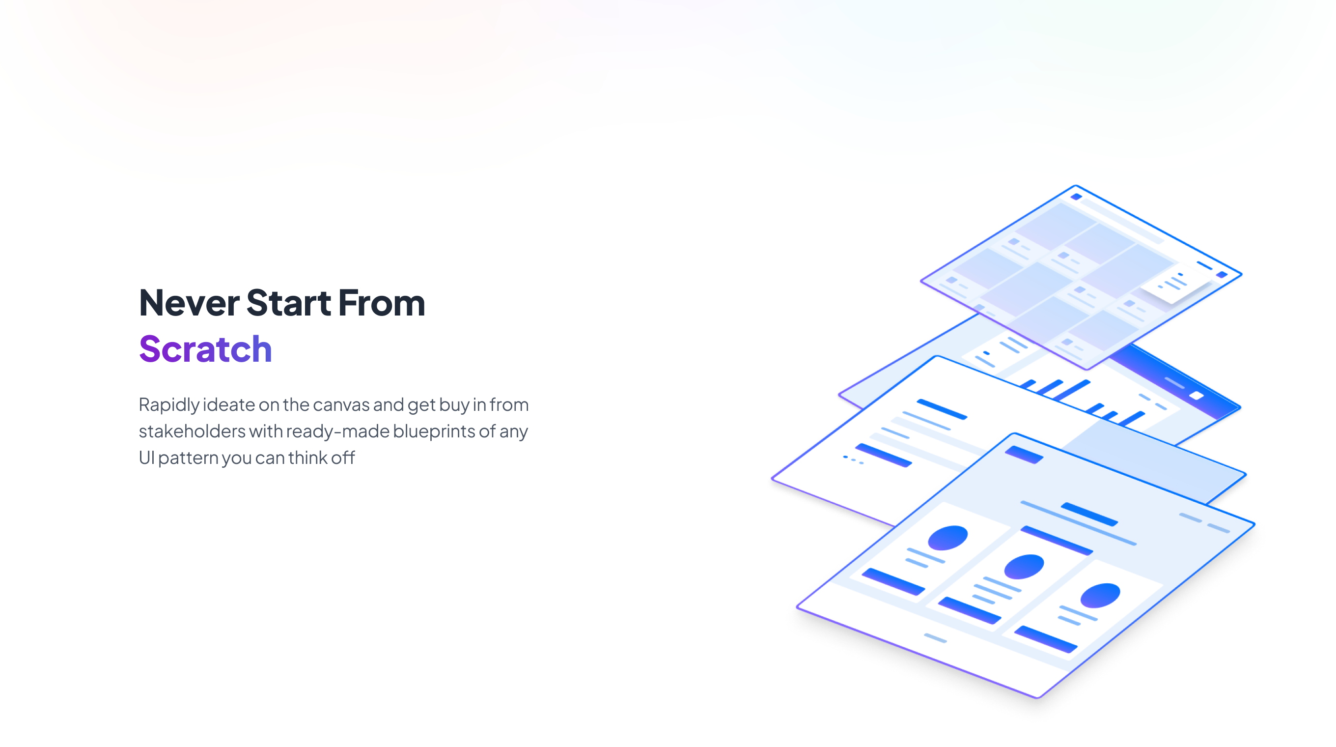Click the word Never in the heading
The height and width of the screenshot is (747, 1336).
click(189, 303)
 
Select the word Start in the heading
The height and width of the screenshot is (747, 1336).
click(288, 303)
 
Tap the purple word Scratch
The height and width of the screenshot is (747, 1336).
click(205, 349)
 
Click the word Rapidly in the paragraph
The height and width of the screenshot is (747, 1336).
click(168, 405)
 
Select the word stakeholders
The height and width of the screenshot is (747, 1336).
click(192, 431)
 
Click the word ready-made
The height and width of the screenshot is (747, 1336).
click(337, 431)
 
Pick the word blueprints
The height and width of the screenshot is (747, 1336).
click(434, 431)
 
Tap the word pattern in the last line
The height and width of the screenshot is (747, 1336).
click(188, 459)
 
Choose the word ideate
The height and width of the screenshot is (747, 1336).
click(229, 404)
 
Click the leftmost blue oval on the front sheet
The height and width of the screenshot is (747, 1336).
click(947, 538)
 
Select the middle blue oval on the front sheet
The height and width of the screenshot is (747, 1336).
click(1023, 567)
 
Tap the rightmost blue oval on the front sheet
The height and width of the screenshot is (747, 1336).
click(1100, 595)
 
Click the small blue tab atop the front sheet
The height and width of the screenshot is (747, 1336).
click(1024, 455)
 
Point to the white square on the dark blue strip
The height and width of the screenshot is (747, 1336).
click(1196, 396)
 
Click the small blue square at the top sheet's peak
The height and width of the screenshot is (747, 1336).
click(1076, 197)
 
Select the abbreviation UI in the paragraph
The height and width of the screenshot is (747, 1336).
click(146, 458)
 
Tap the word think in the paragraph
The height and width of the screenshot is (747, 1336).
click(307, 458)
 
